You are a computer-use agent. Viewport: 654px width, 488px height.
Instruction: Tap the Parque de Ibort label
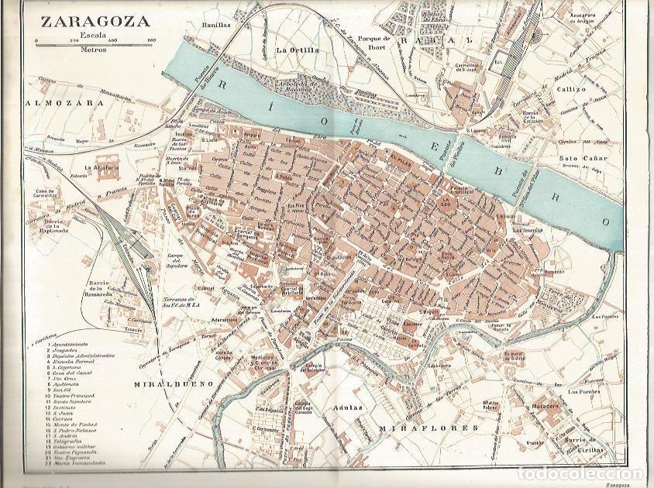point(370,57)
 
